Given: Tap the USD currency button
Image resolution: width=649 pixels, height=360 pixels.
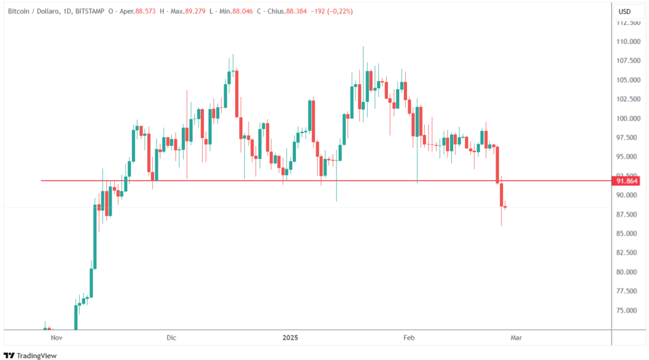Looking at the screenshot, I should point(624,11).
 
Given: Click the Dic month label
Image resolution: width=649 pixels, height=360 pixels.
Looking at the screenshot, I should point(170,338).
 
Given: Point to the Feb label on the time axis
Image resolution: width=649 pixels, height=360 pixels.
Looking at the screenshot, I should point(409,338).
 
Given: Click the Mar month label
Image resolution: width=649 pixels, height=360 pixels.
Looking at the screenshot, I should point(516,338).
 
